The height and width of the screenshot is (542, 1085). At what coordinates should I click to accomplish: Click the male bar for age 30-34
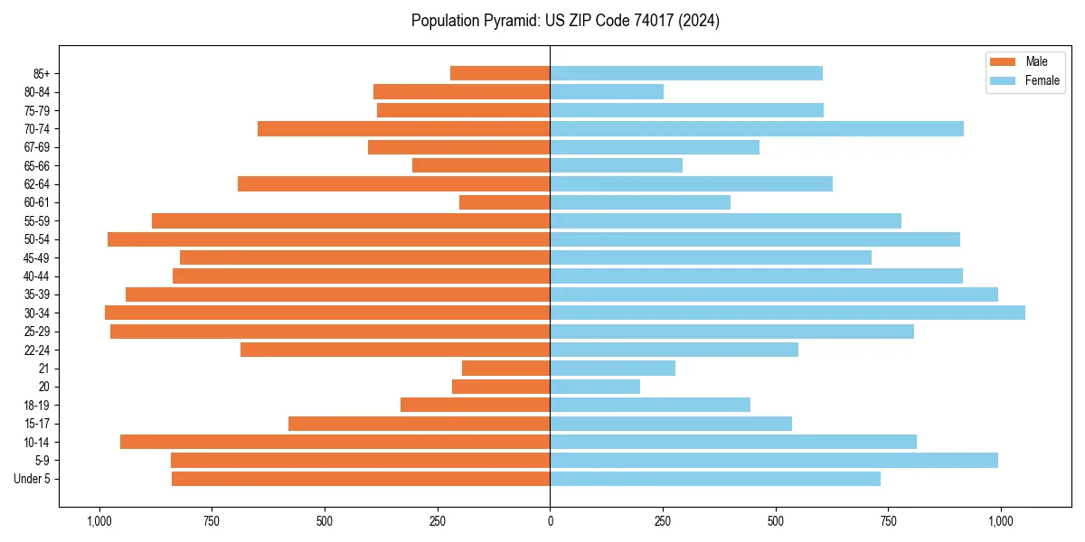pyautogui.click(x=327, y=313)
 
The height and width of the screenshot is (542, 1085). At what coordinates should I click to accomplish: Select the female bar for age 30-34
pyautogui.click(x=788, y=313)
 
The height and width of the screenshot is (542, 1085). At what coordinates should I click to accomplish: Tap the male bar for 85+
pyautogui.click(x=500, y=73)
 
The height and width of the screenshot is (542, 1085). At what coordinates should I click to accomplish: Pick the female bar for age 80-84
pyautogui.click(x=607, y=91)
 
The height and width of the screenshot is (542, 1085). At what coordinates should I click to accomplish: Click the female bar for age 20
pyautogui.click(x=595, y=387)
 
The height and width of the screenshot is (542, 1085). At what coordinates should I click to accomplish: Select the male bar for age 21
pyautogui.click(x=506, y=369)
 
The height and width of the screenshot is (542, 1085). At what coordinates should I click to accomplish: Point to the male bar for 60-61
pyautogui.click(x=505, y=202)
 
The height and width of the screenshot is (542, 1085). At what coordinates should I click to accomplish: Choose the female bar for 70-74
pyautogui.click(x=757, y=128)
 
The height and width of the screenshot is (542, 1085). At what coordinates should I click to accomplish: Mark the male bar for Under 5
pyautogui.click(x=361, y=479)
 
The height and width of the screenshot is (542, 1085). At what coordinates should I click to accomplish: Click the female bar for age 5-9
pyautogui.click(x=774, y=460)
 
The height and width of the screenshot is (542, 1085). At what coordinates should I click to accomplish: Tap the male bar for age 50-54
pyautogui.click(x=329, y=239)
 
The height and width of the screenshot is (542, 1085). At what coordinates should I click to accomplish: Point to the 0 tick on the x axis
pyautogui.click(x=550, y=521)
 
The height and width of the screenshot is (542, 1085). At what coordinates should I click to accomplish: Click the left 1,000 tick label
pyautogui.click(x=99, y=521)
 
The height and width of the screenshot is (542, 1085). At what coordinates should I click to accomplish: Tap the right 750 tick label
pyautogui.click(x=888, y=521)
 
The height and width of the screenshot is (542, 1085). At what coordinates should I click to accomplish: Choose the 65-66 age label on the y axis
pyautogui.click(x=38, y=165)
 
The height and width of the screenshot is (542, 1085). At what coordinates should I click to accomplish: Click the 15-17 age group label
pyautogui.click(x=38, y=424)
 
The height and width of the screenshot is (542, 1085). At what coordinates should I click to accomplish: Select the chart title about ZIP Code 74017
pyautogui.click(x=565, y=21)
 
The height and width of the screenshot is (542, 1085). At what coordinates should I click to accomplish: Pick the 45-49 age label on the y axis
pyautogui.click(x=38, y=257)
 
